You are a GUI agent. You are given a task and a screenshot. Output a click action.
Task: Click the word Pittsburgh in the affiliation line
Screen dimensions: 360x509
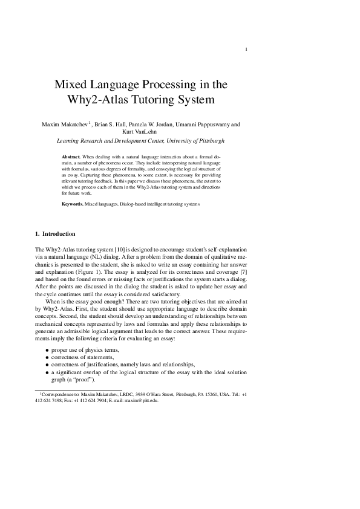pos(209,140)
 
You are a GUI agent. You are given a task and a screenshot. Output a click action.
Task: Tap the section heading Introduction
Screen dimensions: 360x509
pos(59,233)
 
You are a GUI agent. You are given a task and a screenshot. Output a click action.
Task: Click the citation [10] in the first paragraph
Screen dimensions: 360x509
pos(114,249)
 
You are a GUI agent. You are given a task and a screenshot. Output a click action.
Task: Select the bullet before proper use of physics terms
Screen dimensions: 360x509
pos(47,351)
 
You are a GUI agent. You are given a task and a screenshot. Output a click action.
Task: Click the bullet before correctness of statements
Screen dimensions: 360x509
pos(47,358)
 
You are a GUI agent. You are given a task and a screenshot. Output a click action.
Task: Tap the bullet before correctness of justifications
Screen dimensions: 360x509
pos(47,366)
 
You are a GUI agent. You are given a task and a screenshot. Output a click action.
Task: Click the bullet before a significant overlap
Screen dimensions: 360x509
pos(47,373)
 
